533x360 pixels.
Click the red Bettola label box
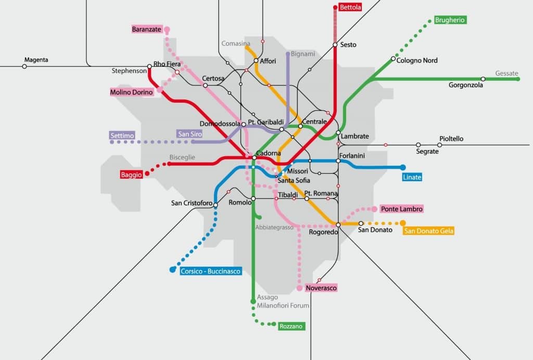click(x=350, y=7)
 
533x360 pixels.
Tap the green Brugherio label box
click(x=450, y=20)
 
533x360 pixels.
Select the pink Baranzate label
click(x=146, y=29)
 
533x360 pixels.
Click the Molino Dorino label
click(x=132, y=92)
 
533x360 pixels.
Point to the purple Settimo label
click(x=122, y=135)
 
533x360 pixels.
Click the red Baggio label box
click(x=131, y=175)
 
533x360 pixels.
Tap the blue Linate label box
click(x=412, y=177)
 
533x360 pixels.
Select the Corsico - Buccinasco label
click(x=210, y=271)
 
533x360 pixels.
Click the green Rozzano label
click(x=291, y=326)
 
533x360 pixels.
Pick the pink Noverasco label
click(x=321, y=288)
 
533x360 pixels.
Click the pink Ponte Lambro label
click(x=401, y=209)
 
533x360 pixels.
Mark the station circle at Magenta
click(x=24, y=66)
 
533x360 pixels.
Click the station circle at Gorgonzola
click(x=483, y=79)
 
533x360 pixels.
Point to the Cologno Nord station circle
click(x=393, y=59)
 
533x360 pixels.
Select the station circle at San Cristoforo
click(x=215, y=205)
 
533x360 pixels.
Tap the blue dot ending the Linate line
click(x=403, y=167)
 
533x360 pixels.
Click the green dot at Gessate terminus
click(x=518, y=79)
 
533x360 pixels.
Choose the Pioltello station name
click(x=451, y=139)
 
